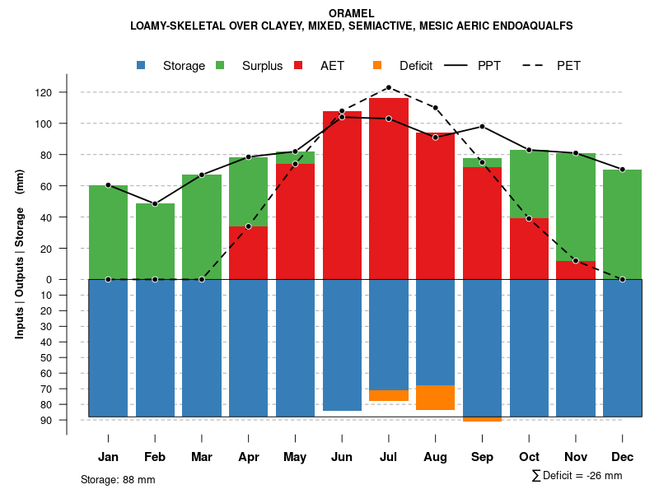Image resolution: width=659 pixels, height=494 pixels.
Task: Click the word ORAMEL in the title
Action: click(x=351, y=13)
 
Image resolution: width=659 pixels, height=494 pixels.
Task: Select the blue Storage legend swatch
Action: click(x=143, y=66)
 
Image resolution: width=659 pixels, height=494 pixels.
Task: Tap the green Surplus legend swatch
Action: click(x=220, y=66)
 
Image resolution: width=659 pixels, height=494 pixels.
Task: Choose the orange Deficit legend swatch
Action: click(x=377, y=66)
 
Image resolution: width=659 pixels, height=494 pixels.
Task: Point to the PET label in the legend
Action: click(x=568, y=66)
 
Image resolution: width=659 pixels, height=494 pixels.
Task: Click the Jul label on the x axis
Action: click(x=389, y=457)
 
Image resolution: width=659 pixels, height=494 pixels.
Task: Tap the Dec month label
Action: click(x=622, y=457)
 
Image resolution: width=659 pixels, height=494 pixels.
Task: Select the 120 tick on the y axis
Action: click(x=44, y=92)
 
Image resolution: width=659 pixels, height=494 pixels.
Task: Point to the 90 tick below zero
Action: click(x=46, y=420)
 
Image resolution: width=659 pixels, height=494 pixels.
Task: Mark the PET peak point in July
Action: click(x=389, y=87)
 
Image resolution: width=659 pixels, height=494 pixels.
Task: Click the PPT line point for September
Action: click(x=482, y=126)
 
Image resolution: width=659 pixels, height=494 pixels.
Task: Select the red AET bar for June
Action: click(x=342, y=198)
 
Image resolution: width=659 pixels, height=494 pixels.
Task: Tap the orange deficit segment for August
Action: click(x=435, y=398)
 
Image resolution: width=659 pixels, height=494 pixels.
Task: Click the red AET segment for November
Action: click(x=576, y=270)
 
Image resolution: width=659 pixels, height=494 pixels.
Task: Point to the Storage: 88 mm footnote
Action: click(x=118, y=479)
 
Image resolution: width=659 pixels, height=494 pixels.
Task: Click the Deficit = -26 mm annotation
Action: click(x=577, y=476)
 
